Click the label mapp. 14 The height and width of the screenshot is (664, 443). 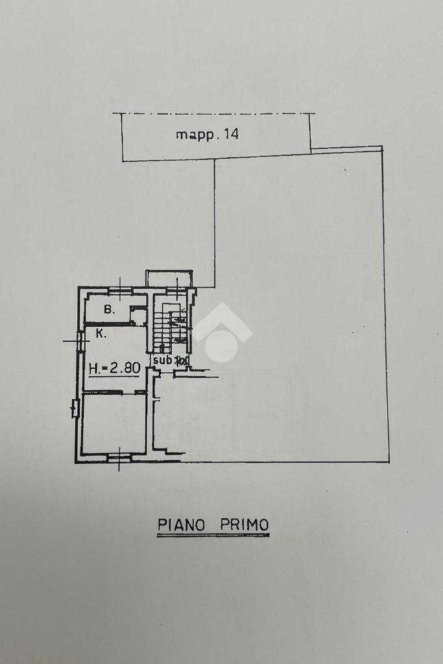click(x=208, y=135)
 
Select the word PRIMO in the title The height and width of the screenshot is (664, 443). click(x=244, y=524)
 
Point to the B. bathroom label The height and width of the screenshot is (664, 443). click(x=110, y=310)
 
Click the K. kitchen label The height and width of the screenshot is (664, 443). click(x=101, y=334)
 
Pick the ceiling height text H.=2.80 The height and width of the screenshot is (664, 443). click(x=114, y=368)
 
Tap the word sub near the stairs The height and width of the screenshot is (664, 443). click(x=162, y=360)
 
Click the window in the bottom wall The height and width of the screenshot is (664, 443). click(x=119, y=458)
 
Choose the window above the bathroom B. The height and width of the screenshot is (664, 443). click(x=121, y=289)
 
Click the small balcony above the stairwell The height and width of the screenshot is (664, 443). click(x=169, y=279)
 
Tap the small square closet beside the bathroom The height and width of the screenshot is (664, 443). click(x=138, y=316)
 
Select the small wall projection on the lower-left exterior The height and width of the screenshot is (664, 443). click(x=75, y=409)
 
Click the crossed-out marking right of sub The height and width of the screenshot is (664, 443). click(x=182, y=360)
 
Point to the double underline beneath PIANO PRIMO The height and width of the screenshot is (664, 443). click(x=213, y=535)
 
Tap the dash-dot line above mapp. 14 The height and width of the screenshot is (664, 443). click(x=214, y=113)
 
